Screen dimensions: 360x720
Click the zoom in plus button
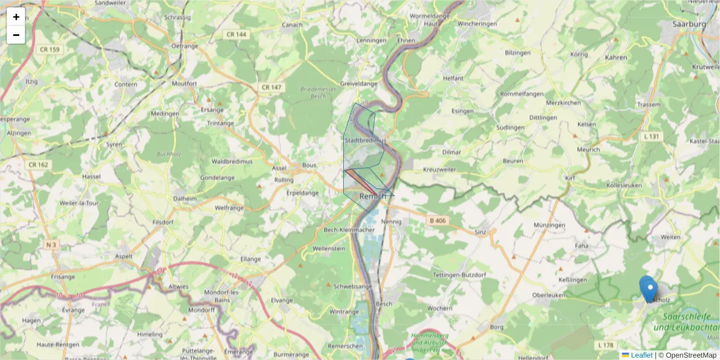pyautogui.click(x=16, y=17)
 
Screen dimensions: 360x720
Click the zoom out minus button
pyautogui.click(x=16, y=35)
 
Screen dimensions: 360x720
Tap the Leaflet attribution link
pyautogui.click(x=641, y=355)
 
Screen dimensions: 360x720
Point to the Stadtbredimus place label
pyautogui.click(x=364, y=140)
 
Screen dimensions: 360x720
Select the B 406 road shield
pyautogui.click(x=437, y=221)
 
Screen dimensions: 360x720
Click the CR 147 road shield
pyautogui.click(x=271, y=87)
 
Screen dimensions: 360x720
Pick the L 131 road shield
pyautogui.click(x=650, y=136)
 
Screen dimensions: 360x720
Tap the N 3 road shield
pyautogui.click(x=52, y=245)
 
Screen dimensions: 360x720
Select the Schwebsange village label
pyautogui.click(x=353, y=286)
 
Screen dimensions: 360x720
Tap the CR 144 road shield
pyautogui.click(x=237, y=35)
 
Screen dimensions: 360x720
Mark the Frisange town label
pyautogui.click(x=63, y=277)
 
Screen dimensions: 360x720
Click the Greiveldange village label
pyautogui.click(x=359, y=84)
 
